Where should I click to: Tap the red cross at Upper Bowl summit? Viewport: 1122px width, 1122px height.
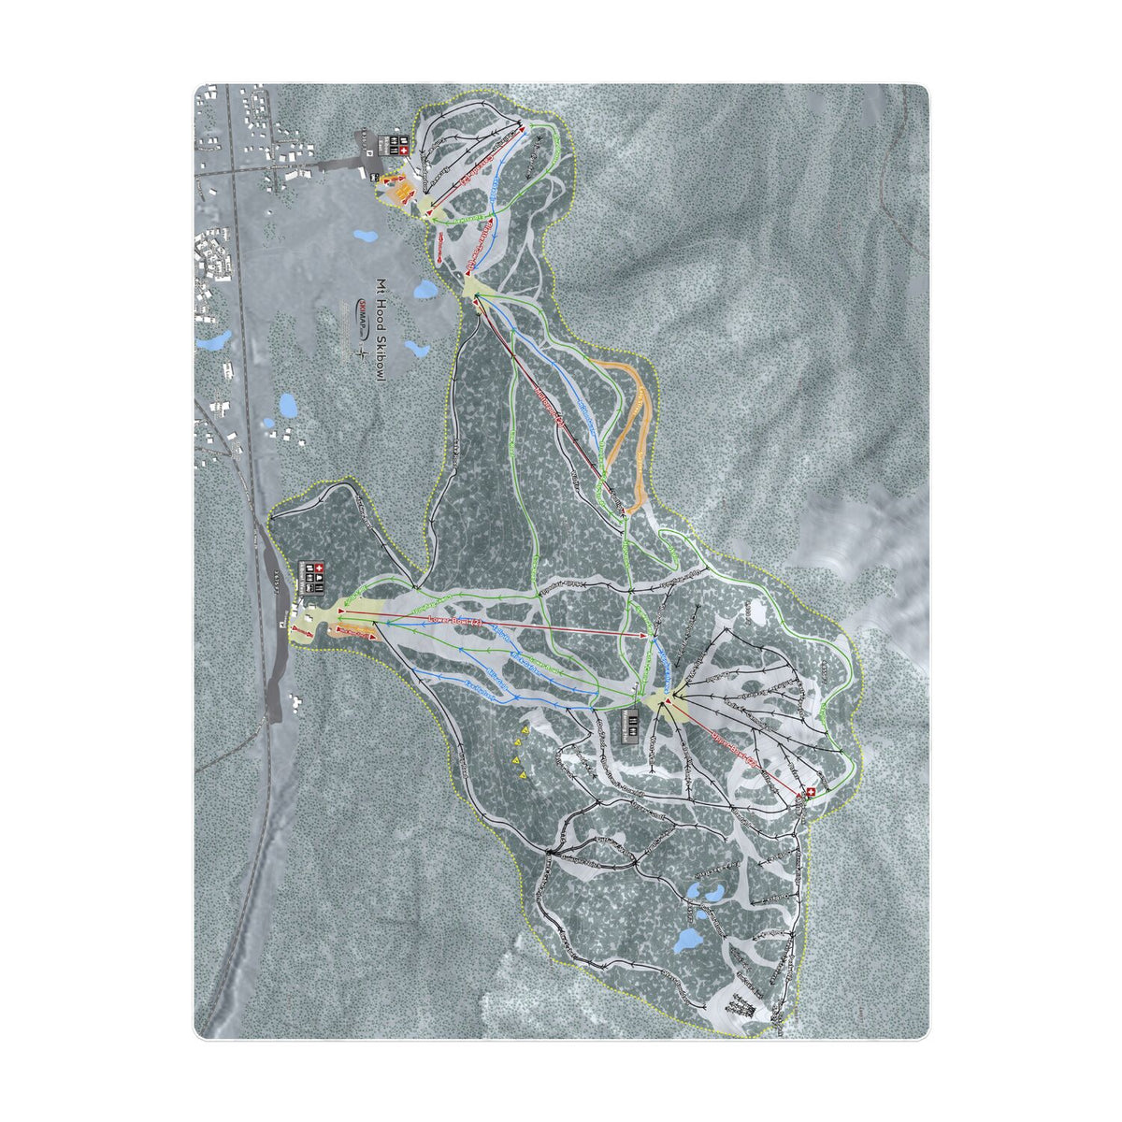click(810, 793)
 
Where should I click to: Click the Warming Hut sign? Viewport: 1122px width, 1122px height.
click(632, 725)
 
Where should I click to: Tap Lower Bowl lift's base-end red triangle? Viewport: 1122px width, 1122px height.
click(339, 617)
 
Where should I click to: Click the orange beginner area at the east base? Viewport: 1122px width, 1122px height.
click(400, 192)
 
